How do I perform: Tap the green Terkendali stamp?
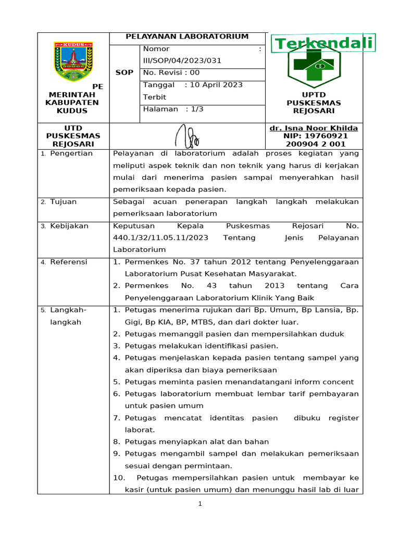(x=324, y=43)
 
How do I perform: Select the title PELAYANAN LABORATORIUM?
(x=187, y=37)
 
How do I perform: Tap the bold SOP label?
(x=124, y=72)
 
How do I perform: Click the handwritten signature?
(x=186, y=136)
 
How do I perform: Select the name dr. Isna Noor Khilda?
(x=314, y=128)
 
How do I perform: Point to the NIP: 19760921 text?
(x=314, y=136)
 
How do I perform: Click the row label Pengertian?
(x=71, y=153)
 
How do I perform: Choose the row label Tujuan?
(x=63, y=201)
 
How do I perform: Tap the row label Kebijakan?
(x=69, y=226)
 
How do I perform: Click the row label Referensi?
(x=69, y=262)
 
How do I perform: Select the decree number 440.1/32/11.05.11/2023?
(x=160, y=238)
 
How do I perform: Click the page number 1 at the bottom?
(x=199, y=504)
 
